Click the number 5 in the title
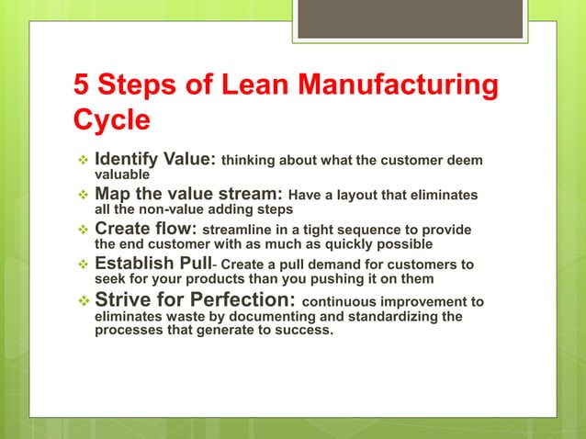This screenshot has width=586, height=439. click(82, 87)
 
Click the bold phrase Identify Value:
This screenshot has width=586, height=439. click(155, 161)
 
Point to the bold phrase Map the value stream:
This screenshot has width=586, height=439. click(189, 195)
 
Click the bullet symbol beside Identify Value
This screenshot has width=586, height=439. click(80, 162)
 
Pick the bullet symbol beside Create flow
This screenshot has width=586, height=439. click(80, 230)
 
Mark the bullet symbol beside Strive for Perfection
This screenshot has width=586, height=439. click(80, 301)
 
